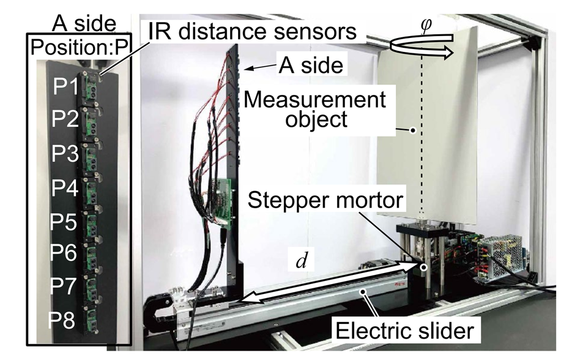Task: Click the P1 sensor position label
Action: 65,86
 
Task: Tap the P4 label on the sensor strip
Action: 64,187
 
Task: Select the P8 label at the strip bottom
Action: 62,320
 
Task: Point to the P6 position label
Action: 63,253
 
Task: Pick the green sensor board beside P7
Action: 92,288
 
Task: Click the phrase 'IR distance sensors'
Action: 253,31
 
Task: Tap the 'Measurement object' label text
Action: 315,109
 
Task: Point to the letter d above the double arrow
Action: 302,261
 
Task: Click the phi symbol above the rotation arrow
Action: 426,25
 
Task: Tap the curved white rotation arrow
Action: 422,47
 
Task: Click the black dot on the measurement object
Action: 413,130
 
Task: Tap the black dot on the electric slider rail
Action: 364,291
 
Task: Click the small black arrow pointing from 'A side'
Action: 260,67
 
